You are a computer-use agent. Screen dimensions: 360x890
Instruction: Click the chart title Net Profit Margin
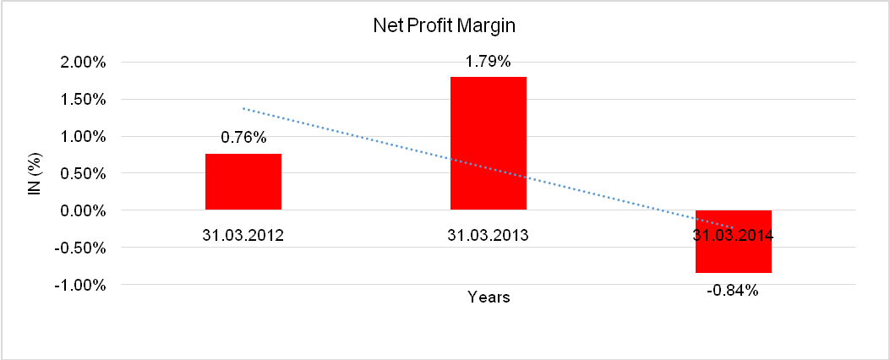(445, 26)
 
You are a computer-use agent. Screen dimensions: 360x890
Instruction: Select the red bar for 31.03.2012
(243, 182)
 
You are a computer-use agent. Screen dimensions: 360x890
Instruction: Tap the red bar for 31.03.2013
(489, 144)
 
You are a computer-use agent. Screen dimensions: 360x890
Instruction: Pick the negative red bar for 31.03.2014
(734, 254)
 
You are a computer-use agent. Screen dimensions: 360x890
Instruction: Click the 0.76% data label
(243, 138)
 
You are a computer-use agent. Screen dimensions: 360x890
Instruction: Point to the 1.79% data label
(489, 61)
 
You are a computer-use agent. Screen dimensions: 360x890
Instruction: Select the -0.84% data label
(734, 291)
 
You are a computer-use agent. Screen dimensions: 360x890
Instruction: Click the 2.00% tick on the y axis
(82, 63)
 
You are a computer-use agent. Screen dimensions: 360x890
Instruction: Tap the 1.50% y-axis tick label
(82, 100)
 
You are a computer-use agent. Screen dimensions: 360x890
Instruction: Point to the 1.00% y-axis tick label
(82, 137)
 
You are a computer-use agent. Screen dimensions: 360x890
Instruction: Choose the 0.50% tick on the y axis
(82, 174)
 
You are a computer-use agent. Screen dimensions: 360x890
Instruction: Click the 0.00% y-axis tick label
(82, 210)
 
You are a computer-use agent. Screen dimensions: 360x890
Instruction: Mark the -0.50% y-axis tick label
(80, 248)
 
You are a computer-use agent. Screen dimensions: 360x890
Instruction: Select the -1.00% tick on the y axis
(80, 285)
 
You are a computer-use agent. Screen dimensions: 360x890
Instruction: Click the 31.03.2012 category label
(243, 235)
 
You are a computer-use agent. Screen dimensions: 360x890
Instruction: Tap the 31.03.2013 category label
(489, 235)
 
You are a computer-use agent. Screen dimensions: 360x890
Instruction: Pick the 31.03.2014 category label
(734, 235)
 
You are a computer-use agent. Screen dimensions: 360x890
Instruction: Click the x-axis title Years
(489, 297)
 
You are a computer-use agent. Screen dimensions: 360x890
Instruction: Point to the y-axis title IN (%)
(35, 173)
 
